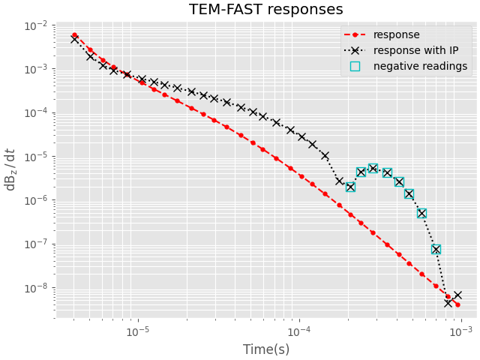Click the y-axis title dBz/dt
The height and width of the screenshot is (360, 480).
[x=10, y=169]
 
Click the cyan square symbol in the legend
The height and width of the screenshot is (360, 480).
[x=355, y=66]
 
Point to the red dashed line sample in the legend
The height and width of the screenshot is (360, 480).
[x=355, y=34]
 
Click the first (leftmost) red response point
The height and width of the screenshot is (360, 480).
[x=74, y=35]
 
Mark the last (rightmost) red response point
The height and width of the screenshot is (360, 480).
[x=457, y=304]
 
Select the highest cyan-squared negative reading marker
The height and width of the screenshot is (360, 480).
[x=373, y=169]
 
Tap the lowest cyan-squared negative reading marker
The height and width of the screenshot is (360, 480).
[x=436, y=249]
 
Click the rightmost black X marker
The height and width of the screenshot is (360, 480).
[x=457, y=295]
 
